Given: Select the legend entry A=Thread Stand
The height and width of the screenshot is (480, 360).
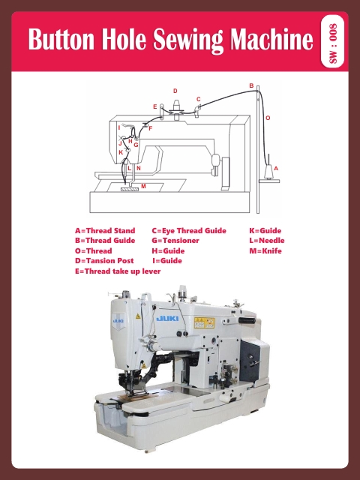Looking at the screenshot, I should coord(105,230).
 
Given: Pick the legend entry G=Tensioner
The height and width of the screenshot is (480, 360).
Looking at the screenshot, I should coord(175,240).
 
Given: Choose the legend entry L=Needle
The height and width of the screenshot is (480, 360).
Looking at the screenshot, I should coord(266,240).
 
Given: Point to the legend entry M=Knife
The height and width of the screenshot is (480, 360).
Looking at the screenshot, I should coord(265,250).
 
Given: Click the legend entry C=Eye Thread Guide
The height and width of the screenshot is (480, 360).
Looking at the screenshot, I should coord(188,230).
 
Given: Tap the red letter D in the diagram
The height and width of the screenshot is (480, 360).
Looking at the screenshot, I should coord(175,91).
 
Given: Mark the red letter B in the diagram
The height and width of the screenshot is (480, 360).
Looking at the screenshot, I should coord(251,85).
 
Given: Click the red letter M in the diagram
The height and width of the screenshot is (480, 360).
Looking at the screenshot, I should coord(142,185).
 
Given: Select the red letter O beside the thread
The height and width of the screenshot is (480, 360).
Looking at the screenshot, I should coord(268,118).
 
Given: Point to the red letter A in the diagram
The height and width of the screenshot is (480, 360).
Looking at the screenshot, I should coord(276,169).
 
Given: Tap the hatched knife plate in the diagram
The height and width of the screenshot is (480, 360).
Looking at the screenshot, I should coord(130,190).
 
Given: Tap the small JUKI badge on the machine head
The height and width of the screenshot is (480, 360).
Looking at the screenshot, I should coord(118,322).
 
